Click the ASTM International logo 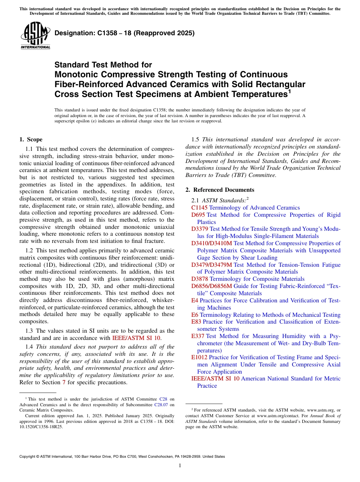pyautogui.click(x=35, y=36)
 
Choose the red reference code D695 pyautogui.click(x=198, y=215)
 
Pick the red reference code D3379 pyautogui.click(x=200, y=229)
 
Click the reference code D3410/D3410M pyautogui.click(x=212, y=243)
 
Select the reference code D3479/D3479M pyautogui.click(x=212, y=265)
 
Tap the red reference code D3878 pyautogui.click(x=200, y=279)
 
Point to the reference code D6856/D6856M pyautogui.click(x=212, y=286)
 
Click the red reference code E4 pyautogui.click(x=195, y=300)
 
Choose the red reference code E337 pyautogui.click(x=198, y=336)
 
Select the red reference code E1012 pyautogui.click(x=199, y=357)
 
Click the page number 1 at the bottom pyautogui.click(x=180, y=465)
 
